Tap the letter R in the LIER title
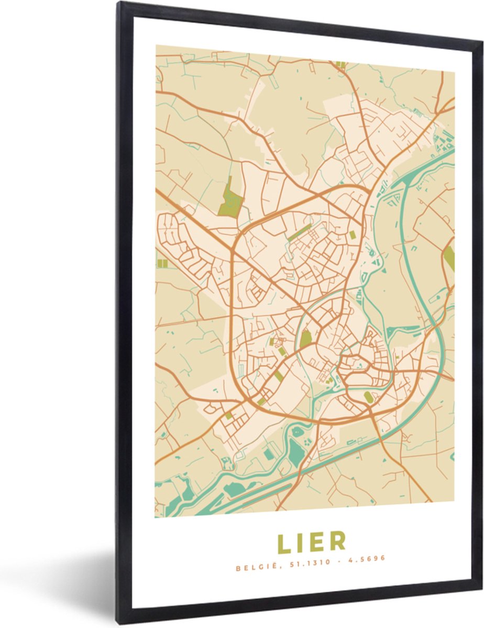[x=338, y=542]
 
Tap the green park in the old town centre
[x=305, y=340]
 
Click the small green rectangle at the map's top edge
[x=340, y=64]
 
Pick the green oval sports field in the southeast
[x=369, y=398]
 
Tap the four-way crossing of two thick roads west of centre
[x=232, y=249]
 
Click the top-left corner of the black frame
[x=119, y=4]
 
